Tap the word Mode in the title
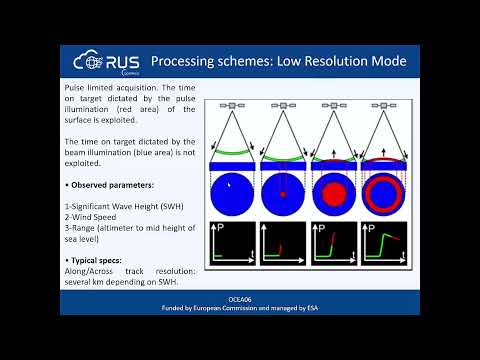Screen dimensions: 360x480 tap(385, 62)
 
